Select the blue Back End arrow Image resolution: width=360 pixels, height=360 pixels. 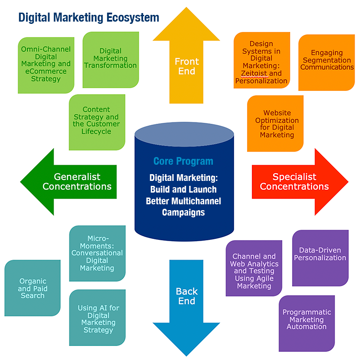186,299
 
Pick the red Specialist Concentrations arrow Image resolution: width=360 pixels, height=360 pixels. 295,181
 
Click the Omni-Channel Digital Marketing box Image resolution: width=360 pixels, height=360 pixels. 46,64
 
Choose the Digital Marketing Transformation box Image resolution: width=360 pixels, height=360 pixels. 111,59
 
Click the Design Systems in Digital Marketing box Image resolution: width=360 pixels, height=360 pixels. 261,62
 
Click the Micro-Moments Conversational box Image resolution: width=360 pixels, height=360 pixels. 97,253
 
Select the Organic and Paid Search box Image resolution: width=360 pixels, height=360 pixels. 32,288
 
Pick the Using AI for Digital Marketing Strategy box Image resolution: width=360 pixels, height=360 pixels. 98,319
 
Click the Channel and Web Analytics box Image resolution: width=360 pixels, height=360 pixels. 254,271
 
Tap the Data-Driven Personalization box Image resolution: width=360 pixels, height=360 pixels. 320,255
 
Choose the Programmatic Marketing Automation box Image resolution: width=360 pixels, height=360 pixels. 306,319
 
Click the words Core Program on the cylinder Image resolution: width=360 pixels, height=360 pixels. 183,161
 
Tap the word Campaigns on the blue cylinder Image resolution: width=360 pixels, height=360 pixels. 183,212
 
